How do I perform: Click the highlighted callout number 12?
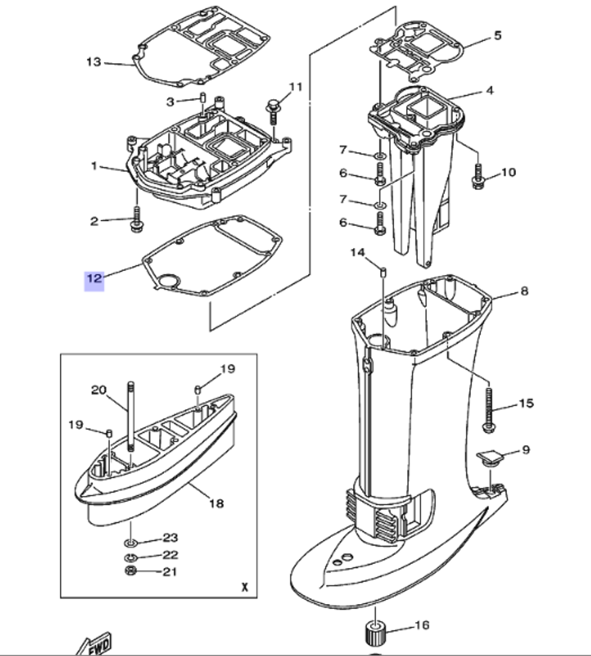[x=95, y=278]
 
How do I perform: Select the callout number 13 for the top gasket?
[x=93, y=62]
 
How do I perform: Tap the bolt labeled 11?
[x=274, y=111]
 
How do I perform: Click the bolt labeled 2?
[x=137, y=219]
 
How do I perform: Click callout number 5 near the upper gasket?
[x=497, y=35]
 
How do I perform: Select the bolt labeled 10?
[x=478, y=176]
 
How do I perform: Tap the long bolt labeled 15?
[x=490, y=407]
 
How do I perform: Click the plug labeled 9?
[x=488, y=457]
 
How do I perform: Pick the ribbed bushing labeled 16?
[x=374, y=634]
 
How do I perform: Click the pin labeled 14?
[x=382, y=272]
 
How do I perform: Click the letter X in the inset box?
[x=243, y=588]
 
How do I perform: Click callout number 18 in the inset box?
[x=216, y=503]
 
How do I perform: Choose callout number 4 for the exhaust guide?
[x=489, y=90]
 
